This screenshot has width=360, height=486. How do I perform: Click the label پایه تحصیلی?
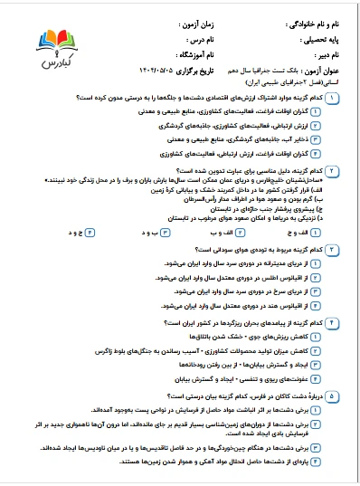[323, 39]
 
